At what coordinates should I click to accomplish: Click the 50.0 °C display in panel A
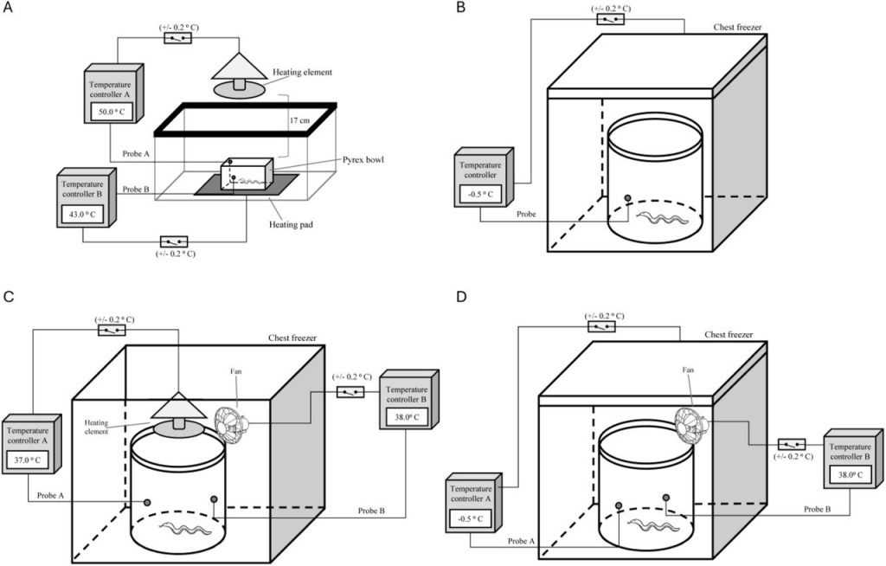[112, 112]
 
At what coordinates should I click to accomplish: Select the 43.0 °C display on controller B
[82, 215]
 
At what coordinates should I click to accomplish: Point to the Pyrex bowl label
[363, 160]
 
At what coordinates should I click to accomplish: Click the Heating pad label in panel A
[291, 224]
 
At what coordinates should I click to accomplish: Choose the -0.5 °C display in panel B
[481, 195]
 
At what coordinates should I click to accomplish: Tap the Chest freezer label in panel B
[737, 27]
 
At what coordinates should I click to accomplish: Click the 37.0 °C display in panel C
[28, 460]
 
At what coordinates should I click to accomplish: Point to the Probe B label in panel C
[371, 511]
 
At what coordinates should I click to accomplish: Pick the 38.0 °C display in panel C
[406, 418]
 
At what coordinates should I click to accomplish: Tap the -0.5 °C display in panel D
[470, 518]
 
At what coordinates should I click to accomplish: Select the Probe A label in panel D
[521, 541]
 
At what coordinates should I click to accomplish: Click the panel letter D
[461, 296]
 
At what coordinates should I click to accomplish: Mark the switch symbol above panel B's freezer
[611, 19]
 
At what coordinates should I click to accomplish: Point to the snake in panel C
[186, 530]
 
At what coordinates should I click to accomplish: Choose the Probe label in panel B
[527, 215]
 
